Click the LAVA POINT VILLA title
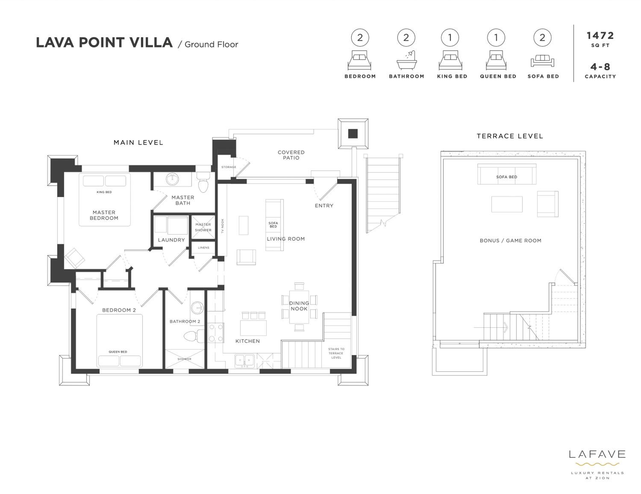(x=104, y=43)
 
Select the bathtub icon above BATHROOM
(x=406, y=60)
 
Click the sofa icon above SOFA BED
(x=542, y=61)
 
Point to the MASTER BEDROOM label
(x=104, y=215)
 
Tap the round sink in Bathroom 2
(x=197, y=308)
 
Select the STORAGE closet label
(x=229, y=167)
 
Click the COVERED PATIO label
(x=291, y=155)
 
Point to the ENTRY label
(x=324, y=206)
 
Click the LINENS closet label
(x=203, y=248)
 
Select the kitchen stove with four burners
(x=216, y=333)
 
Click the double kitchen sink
(x=244, y=361)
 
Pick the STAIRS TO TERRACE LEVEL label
(x=336, y=353)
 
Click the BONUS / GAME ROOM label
(x=510, y=241)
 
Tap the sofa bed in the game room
(x=507, y=174)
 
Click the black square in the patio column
(x=353, y=134)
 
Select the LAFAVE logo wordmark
(x=597, y=454)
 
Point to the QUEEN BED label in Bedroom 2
(x=118, y=352)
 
